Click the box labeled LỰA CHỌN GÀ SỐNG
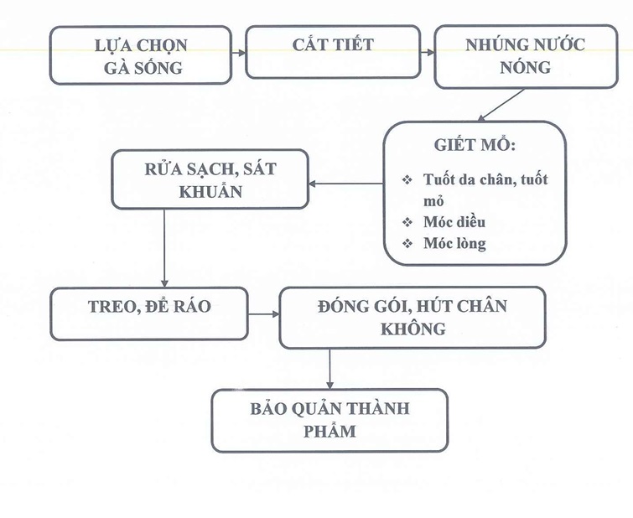(140, 55)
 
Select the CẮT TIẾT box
(333, 52)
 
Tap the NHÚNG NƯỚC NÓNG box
(526, 57)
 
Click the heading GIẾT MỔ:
(475, 143)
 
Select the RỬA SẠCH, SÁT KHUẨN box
(210, 179)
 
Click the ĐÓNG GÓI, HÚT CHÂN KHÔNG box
(412, 317)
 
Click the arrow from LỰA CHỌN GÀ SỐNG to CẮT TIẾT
(240, 52)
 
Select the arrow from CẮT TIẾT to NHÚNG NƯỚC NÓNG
(428, 52)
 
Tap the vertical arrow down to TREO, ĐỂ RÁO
(165, 248)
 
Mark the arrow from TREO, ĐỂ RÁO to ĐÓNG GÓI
(264, 316)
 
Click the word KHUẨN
(210, 191)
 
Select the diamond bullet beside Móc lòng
(407, 244)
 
